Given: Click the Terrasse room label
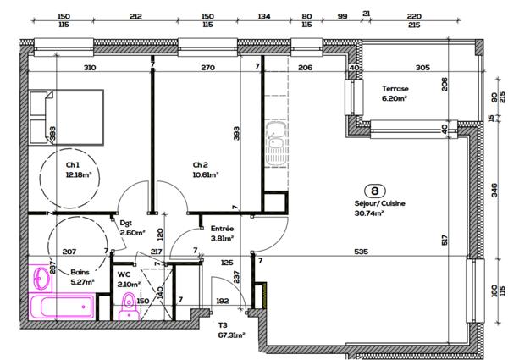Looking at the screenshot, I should (x=395, y=89).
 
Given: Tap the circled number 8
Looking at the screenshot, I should (x=370, y=191).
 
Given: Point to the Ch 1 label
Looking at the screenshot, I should (x=73, y=164).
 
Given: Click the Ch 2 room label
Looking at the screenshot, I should (x=201, y=164).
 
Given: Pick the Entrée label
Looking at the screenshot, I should (x=222, y=229).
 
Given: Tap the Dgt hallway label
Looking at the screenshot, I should (x=126, y=224).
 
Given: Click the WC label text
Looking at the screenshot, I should (x=124, y=274).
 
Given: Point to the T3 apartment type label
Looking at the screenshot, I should (x=224, y=325).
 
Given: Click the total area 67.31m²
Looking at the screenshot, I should (x=231, y=335).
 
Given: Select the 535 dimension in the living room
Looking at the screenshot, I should (x=360, y=252).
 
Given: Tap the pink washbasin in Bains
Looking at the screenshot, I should (x=41, y=277).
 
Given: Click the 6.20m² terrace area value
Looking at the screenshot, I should (x=395, y=98).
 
